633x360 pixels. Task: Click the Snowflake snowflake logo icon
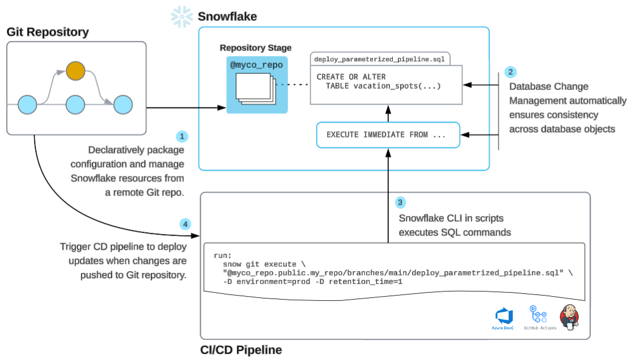click(x=182, y=17)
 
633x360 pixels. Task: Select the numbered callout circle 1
click(x=183, y=136)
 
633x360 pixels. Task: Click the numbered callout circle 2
click(x=510, y=72)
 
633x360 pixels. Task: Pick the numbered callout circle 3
click(x=400, y=203)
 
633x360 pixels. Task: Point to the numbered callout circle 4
click(x=185, y=224)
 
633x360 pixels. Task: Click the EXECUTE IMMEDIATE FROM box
click(x=388, y=134)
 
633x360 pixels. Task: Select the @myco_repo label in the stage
click(x=256, y=65)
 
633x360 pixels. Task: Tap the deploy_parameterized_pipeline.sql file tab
click(x=379, y=59)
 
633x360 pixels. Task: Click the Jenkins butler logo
click(x=570, y=316)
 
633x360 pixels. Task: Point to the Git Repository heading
click(x=48, y=32)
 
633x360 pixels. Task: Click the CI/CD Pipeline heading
click(x=241, y=350)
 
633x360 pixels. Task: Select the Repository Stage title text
click(x=256, y=48)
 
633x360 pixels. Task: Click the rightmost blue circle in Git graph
click(x=123, y=105)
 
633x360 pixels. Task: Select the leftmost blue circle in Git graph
click(x=27, y=105)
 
